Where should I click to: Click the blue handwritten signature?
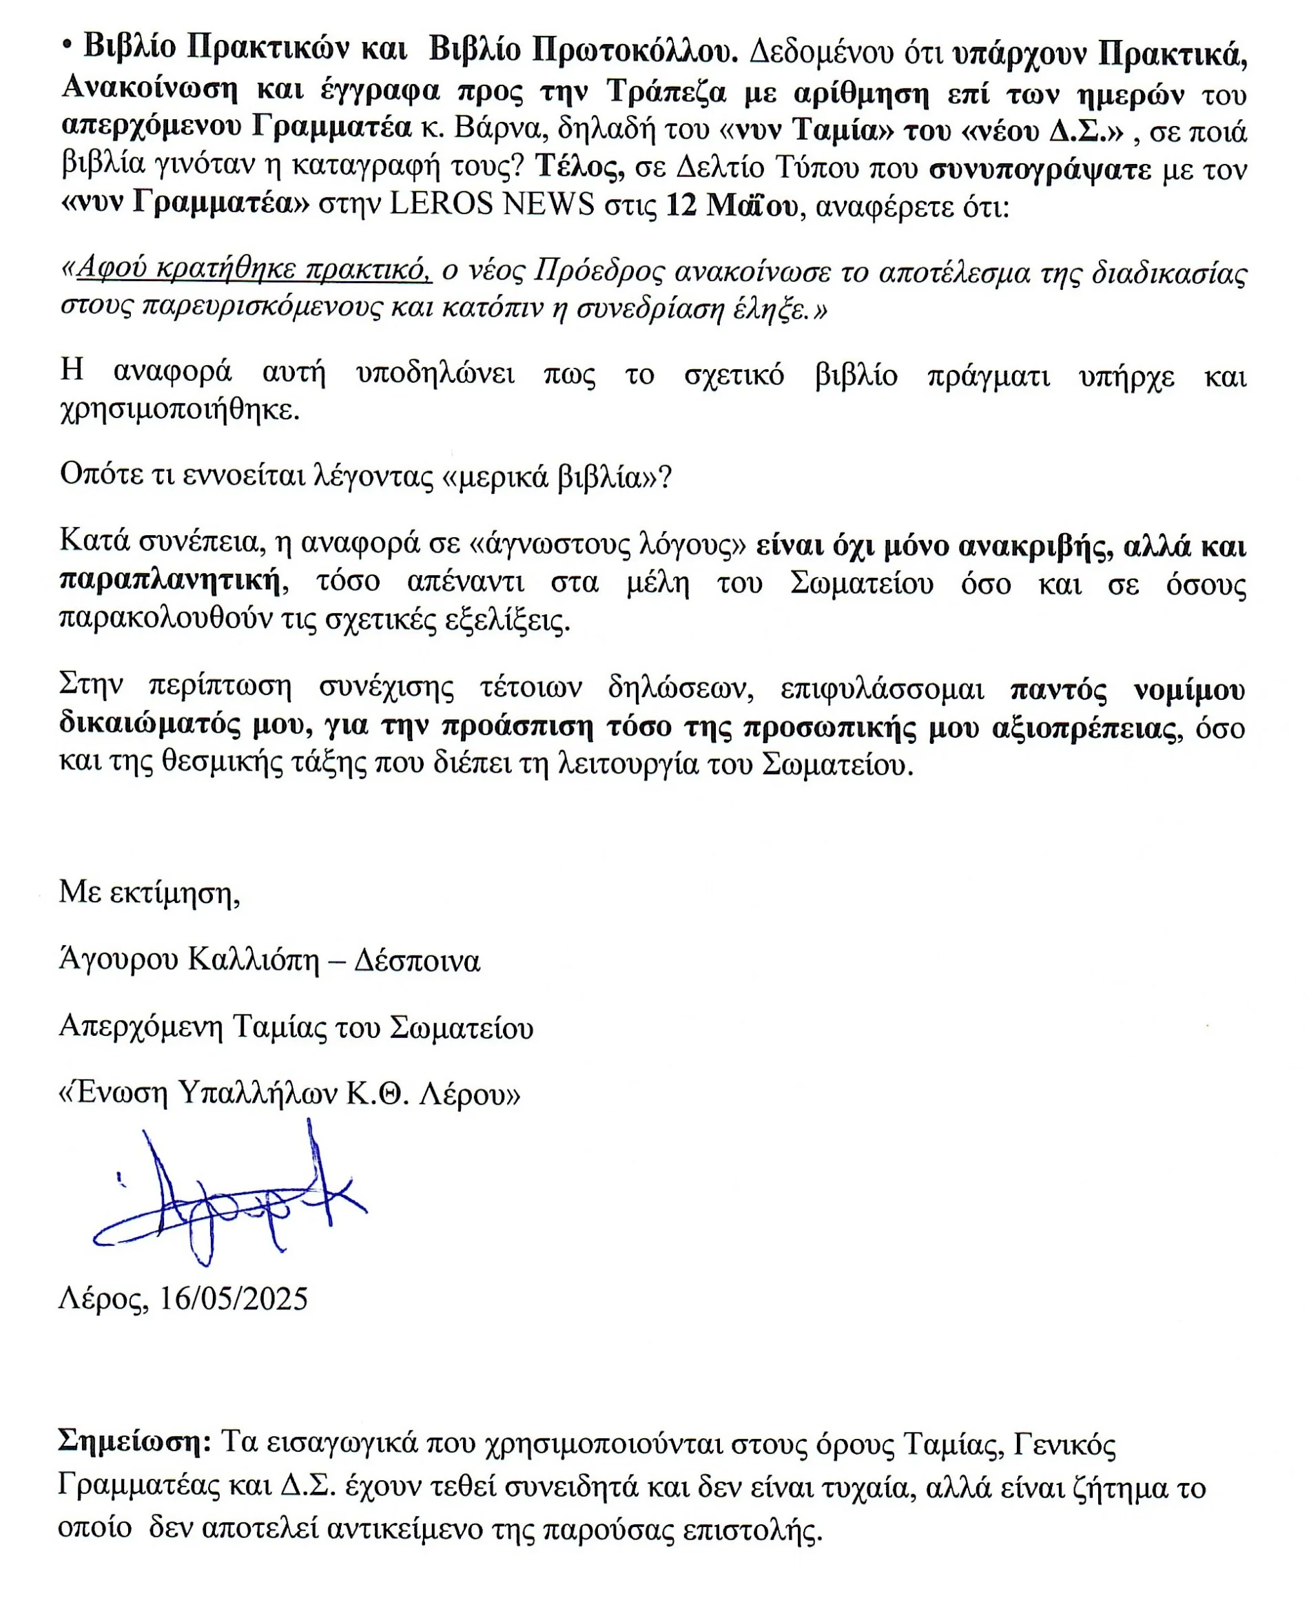point(226,1200)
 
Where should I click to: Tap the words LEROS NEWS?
point(492,205)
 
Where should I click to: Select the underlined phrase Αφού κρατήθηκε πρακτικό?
point(254,269)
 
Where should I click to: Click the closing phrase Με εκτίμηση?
point(150,893)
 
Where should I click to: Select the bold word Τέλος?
point(579,167)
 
